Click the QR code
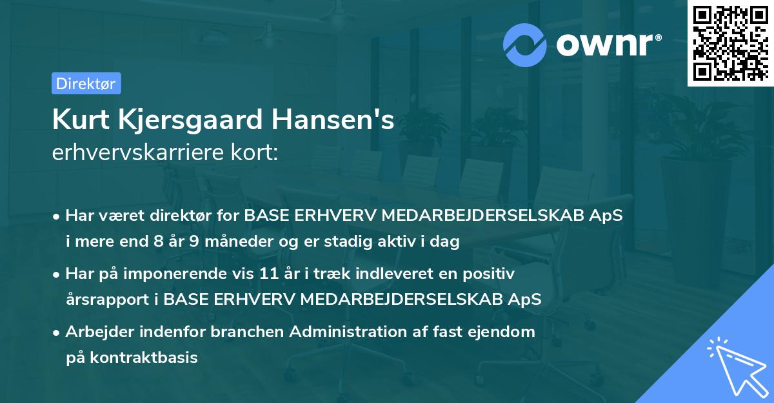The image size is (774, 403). (x=730, y=43)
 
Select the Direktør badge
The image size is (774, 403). (x=85, y=83)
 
